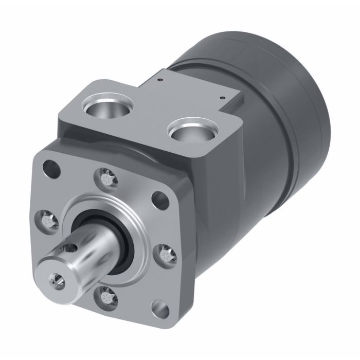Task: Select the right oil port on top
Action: click(190, 130)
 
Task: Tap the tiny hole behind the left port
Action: click(160, 80)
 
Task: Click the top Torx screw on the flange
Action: click(106, 178)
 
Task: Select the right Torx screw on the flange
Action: click(166, 253)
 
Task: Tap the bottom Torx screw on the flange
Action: click(106, 297)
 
